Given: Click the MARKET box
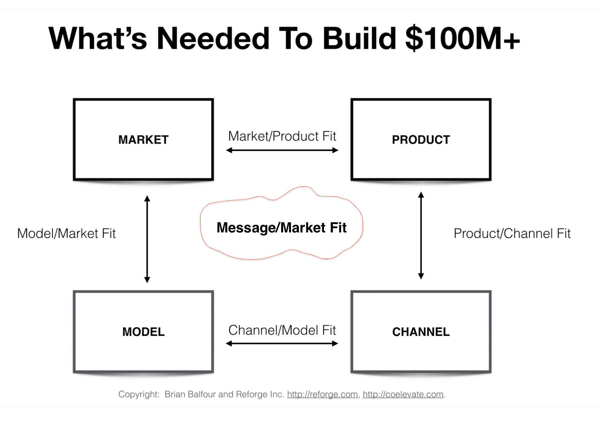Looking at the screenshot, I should coord(143,140).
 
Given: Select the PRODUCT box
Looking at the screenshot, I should coord(421,140).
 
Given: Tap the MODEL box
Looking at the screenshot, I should coord(143,332).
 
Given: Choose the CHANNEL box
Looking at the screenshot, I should coord(421,332).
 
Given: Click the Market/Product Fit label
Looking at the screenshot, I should coord(282,136).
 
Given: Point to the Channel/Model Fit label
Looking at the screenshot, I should coord(282,330).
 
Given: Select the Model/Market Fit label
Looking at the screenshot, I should coord(67,234).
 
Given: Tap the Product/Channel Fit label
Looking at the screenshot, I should coord(512,234).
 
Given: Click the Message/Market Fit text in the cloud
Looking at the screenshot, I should coord(282,227).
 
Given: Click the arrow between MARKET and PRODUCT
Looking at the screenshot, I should coord(282,150).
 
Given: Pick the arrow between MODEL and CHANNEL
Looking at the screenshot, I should coord(282,343).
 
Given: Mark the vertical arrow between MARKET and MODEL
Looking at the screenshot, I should coord(147,239).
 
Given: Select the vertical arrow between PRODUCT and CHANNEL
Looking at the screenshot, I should coord(421,236).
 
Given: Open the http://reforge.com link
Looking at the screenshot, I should coord(322,394).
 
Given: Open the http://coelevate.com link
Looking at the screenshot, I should coord(403,394).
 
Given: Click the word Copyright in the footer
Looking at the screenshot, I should coord(138,394).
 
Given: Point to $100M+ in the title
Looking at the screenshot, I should coord(462,38).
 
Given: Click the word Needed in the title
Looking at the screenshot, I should coord(213,38).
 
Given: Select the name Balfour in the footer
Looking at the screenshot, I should coord(201,394).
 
